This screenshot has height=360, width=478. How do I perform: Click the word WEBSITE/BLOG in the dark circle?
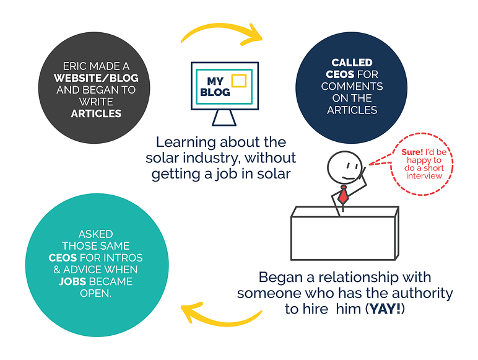pyautogui.click(x=96, y=79)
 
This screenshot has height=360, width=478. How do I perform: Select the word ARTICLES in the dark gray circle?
pyautogui.click(x=96, y=113)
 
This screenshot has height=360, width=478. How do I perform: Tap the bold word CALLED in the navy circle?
pyautogui.click(x=352, y=63)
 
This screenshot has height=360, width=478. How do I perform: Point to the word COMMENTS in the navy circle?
pyautogui.click(x=352, y=86)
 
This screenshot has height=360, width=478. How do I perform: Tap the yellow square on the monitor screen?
pyautogui.click(x=238, y=81)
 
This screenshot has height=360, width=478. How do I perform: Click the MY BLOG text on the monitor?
pyautogui.click(x=215, y=87)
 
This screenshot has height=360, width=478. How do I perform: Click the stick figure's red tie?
pyautogui.click(x=342, y=195)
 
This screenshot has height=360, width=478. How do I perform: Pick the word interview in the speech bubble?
pyautogui.click(x=424, y=176)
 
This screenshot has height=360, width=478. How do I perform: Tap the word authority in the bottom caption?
pyautogui.click(x=421, y=292)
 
